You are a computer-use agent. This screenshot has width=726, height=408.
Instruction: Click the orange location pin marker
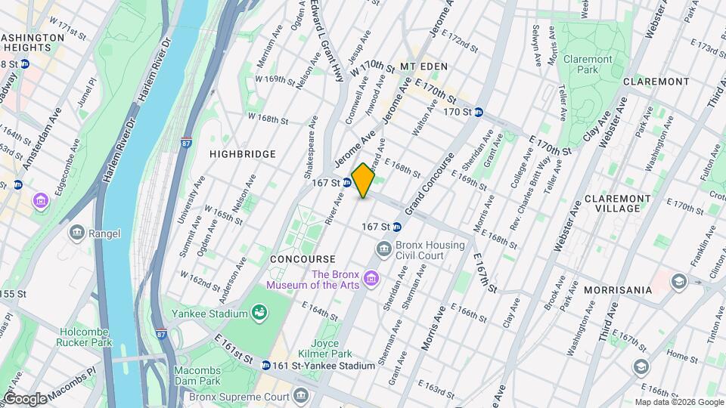(x=363, y=181)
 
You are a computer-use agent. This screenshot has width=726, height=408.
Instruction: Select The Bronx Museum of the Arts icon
(x=371, y=280)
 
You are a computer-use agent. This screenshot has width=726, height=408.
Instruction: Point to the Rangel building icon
(x=76, y=233)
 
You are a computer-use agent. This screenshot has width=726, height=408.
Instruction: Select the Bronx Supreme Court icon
(x=301, y=396)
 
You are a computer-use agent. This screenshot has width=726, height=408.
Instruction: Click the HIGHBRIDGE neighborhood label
(x=243, y=153)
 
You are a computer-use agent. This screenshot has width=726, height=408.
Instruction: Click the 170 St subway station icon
(x=479, y=112)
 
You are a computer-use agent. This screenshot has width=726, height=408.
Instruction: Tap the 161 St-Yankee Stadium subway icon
(x=266, y=365)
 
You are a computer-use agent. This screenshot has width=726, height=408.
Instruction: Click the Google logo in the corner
(x=25, y=398)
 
